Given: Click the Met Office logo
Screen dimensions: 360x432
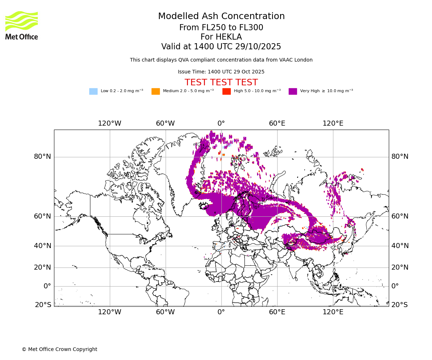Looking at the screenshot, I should coord(22,25).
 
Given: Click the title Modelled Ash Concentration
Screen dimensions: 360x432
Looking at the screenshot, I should coord(221,17).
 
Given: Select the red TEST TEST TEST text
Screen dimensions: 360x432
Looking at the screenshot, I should coord(221,82).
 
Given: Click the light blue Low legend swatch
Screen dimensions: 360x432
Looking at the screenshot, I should coord(93,91).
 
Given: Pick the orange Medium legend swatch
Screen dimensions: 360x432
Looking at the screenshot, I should coord(156,91).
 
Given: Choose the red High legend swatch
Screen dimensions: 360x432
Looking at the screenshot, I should coord(226,91).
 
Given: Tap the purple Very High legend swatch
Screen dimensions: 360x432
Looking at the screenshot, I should coord(293,91).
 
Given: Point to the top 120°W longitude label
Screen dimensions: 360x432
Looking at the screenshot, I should coord(109,123).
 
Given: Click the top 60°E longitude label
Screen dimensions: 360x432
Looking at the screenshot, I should coord(277,123).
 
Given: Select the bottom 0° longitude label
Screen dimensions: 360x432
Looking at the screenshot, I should coord(221,312).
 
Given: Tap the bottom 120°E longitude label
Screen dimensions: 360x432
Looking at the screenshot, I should coord(333,312).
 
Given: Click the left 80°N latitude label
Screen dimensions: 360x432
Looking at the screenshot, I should coord(42,157).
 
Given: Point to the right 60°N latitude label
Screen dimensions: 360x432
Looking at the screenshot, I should coord(400,216).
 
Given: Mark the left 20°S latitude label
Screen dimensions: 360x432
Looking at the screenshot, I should coord(43,305).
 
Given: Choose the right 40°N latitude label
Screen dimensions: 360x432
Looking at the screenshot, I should coord(400,246).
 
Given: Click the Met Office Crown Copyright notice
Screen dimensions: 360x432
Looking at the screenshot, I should coord(59,349).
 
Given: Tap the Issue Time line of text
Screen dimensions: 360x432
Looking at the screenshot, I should coord(221,72).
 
